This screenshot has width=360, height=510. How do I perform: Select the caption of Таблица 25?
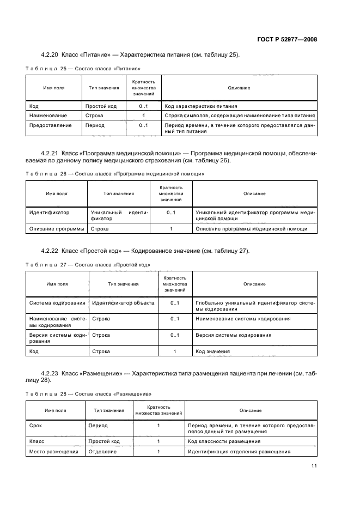(83, 69)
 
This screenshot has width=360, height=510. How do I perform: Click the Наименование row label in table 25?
(48, 116)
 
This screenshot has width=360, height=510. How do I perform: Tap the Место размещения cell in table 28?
(53, 451)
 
